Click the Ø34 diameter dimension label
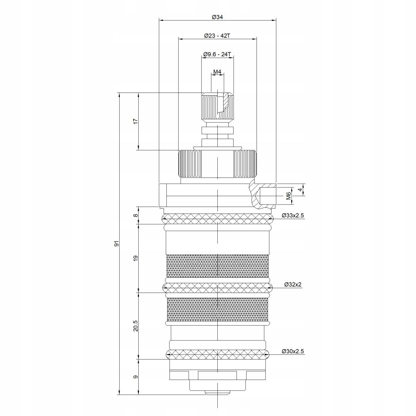[x=217, y=17]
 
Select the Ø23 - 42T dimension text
[x=217, y=36]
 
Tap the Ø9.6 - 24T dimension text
[x=217, y=54]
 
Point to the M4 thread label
[x=217, y=72]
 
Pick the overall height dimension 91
[x=117, y=244]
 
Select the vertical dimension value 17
[x=136, y=121]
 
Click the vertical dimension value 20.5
[x=136, y=326]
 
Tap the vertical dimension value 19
[x=136, y=258]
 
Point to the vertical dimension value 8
[x=136, y=215]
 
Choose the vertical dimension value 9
[x=136, y=377]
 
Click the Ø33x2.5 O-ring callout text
[x=293, y=216]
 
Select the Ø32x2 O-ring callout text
[x=293, y=285]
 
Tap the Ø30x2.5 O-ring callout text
[x=293, y=352]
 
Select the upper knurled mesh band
[x=217, y=266]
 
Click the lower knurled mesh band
[x=217, y=309]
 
